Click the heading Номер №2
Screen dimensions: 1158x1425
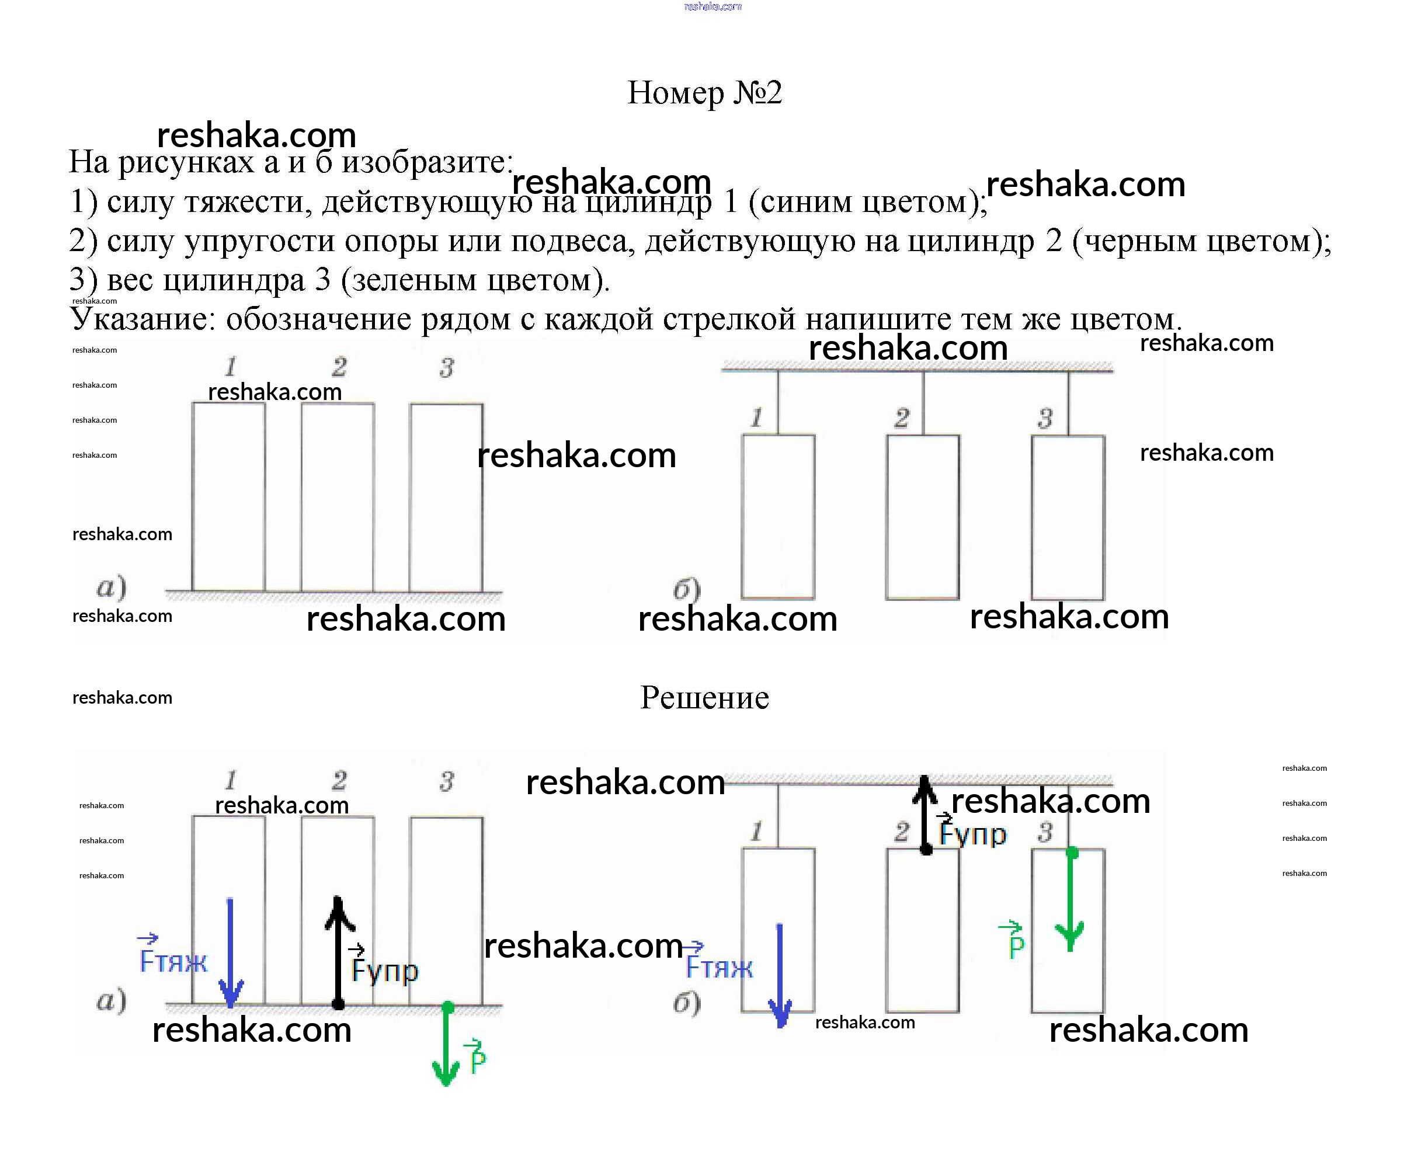[704, 93]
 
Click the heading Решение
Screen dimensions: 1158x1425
[704, 698]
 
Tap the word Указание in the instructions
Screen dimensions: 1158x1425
[141, 319]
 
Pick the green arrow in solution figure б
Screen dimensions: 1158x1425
[1071, 900]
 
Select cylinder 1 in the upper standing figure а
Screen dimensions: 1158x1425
[228, 497]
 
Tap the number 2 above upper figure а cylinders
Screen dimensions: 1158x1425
[339, 367]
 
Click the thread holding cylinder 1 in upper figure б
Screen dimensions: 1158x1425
[778, 402]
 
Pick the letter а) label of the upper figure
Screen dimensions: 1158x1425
[112, 587]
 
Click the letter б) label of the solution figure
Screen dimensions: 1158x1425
[686, 1003]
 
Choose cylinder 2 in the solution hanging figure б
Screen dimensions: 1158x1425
[923, 930]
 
